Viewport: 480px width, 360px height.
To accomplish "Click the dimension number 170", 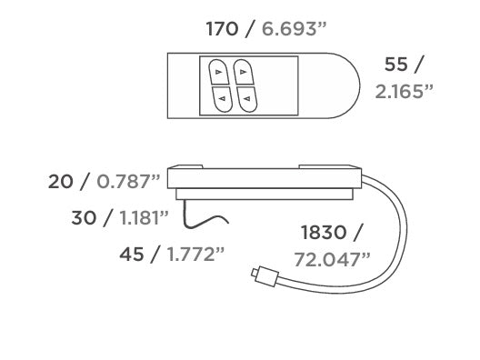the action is pyautogui.click(x=222, y=29).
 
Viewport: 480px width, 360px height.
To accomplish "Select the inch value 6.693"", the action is pyautogui.click(x=295, y=29).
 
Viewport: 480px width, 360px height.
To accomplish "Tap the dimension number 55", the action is pyautogui.click(x=395, y=65).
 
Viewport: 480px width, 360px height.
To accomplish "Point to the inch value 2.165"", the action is pyautogui.click(x=404, y=92).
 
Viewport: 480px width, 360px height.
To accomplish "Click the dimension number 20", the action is pyautogui.click(x=61, y=182).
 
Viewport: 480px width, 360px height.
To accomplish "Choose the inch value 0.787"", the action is pyautogui.click(x=128, y=182).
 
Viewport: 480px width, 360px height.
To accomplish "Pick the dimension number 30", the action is pyautogui.click(x=84, y=218).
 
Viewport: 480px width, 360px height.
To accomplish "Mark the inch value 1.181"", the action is pyautogui.click(x=144, y=218).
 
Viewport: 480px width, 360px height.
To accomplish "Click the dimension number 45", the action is pyautogui.click(x=132, y=254).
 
